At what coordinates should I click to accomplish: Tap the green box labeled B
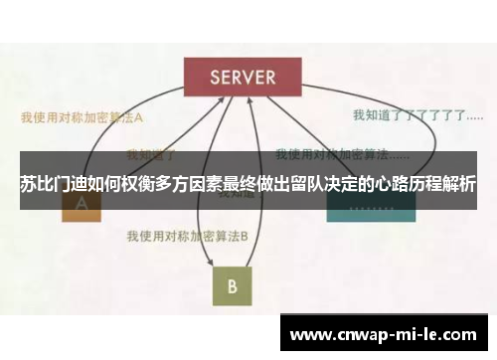(231, 285)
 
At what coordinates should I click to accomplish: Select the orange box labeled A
(82, 208)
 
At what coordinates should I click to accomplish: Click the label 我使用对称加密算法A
(83, 116)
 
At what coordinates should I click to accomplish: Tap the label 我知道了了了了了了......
(410, 115)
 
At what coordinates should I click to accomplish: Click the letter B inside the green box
(231, 286)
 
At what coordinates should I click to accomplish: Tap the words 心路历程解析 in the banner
(425, 184)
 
